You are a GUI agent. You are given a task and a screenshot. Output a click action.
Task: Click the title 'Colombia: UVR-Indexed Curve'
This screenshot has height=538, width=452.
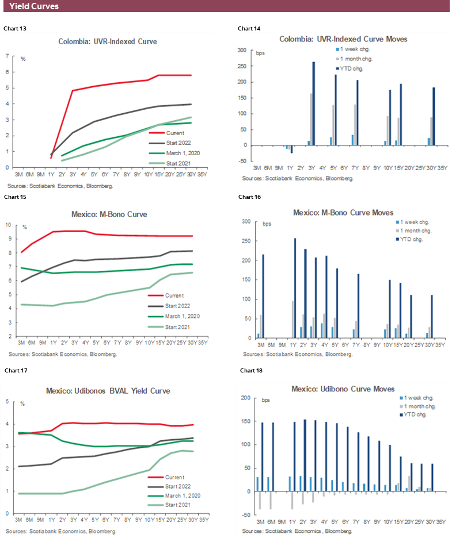108,41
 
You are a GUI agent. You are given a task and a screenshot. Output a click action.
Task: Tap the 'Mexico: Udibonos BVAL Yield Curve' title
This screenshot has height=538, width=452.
108,391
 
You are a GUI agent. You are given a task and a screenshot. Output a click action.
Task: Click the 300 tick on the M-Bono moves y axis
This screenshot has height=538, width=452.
246,222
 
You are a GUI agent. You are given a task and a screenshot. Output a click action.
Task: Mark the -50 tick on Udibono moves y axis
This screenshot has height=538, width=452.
246,515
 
